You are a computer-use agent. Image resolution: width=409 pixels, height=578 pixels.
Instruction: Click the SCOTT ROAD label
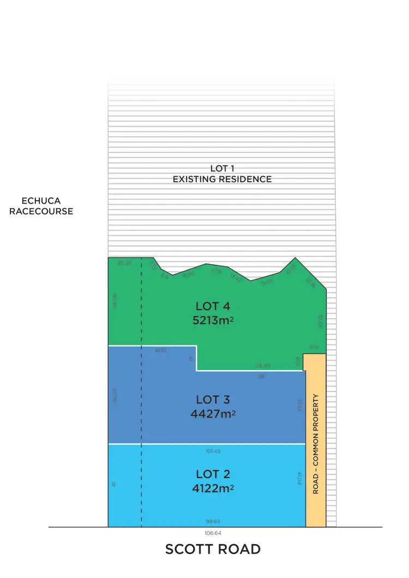click(213, 549)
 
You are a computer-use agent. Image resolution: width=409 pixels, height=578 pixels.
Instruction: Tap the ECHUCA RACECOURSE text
click(41, 206)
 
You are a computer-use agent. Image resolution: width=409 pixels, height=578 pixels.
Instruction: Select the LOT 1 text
click(222, 169)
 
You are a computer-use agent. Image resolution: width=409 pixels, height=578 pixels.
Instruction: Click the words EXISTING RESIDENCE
click(222, 179)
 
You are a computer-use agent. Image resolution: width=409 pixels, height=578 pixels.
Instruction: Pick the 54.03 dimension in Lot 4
click(263, 366)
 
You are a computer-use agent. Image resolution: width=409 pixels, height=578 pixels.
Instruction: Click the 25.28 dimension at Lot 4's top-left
click(125, 263)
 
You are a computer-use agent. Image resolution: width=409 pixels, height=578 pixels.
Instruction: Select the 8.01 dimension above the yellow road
click(314, 347)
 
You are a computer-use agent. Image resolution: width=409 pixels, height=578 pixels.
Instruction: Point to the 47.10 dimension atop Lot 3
click(161, 350)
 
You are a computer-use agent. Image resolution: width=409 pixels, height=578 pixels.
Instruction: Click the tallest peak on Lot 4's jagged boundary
click(295, 258)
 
